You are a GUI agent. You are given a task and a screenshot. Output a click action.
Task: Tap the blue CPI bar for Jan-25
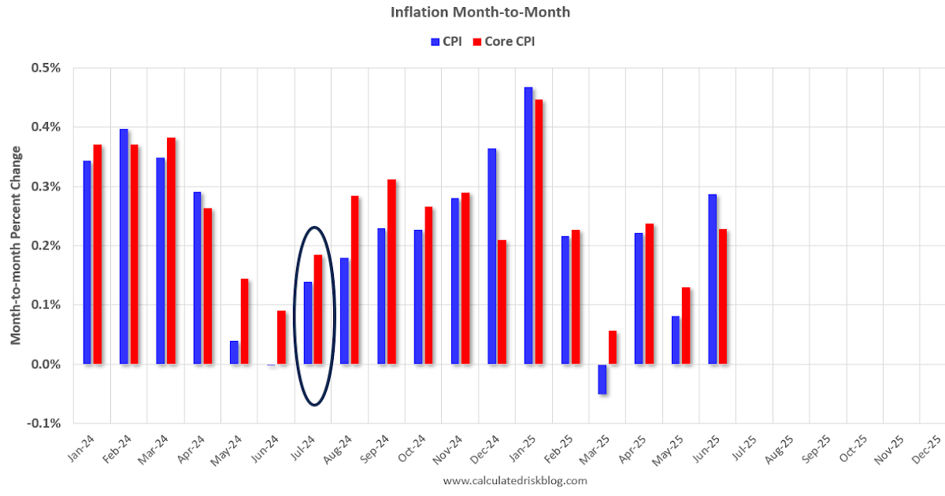coord(528,225)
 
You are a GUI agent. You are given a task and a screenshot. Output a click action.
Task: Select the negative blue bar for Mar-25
coord(602,379)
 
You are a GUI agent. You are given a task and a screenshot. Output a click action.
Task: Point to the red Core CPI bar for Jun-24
coord(281,337)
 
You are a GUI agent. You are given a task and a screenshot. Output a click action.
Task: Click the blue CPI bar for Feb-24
coord(124,246)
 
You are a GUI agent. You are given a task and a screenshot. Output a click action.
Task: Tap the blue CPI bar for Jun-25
coord(712,279)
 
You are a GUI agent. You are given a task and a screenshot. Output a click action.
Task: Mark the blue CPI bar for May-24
coord(234,352)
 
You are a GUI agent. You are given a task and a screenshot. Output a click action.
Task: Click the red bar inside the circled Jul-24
coord(318,309)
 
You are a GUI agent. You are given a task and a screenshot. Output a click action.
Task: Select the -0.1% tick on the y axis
coord(46,424)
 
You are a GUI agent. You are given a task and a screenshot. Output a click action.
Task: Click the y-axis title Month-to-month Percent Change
coord(16,245)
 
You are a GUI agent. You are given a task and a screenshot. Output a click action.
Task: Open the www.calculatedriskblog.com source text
coord(515,480)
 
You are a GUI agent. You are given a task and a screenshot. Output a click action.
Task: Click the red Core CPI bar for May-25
coord(686,325)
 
